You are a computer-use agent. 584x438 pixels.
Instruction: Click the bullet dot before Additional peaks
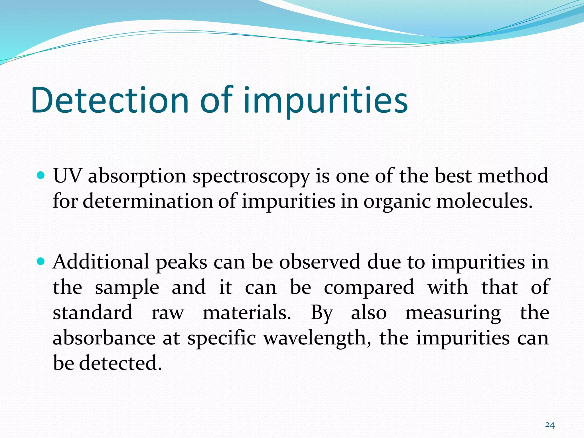coord(41,261)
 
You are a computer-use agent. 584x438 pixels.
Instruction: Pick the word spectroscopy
coord(251,177)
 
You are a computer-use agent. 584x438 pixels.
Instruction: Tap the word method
coord(513,176)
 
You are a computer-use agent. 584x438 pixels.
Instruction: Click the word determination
coord(148,201)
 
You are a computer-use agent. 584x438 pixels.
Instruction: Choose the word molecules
coord(484,201)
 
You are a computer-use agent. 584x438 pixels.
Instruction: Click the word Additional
coord(101,262)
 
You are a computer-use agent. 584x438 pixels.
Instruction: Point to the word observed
coord(320,262)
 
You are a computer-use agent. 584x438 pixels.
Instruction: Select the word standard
coord(93,313)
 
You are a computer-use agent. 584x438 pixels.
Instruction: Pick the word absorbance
coord(104,338)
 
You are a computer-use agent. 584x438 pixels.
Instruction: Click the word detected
coord(120,363)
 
